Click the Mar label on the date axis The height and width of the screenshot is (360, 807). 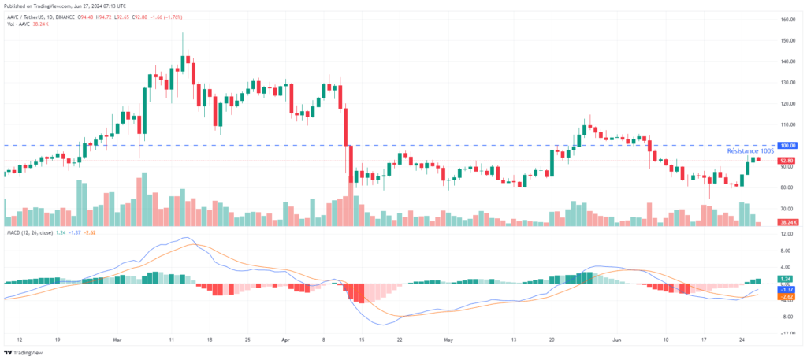coord(117,341)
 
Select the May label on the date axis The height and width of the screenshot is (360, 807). coord(448,341)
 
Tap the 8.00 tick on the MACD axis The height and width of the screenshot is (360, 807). coord(787,252)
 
